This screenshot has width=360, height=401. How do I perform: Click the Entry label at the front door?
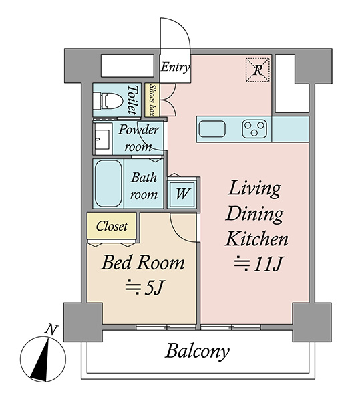click(x=175, y=67)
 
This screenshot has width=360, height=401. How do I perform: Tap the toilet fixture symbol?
click(x=108, y=101)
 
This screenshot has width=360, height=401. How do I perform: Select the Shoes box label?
click(x=152, y=100)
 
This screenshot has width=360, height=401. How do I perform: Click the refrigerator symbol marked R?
click(x=258, y=70)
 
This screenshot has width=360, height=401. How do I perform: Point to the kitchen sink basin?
click(x=212, y=129)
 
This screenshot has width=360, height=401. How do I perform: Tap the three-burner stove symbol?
click(x=254, y=129)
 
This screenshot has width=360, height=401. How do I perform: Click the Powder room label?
click(x=138, y=138)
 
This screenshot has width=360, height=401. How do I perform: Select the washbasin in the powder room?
click(x=102, y=139)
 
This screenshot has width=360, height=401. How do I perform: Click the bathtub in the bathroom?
click(x=108, y=183)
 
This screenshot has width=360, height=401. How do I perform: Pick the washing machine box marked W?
click(x=182, y=194)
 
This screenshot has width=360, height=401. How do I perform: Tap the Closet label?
click(x=112, y=227)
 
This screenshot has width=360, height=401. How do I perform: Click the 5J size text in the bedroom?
click(x=144, y=288)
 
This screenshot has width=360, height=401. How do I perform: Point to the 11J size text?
click(x=258, y=264)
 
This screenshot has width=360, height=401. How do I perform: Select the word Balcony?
click(x=197, y=352)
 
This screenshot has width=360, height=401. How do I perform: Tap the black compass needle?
click(x=41, y=360)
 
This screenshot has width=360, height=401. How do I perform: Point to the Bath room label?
click(x=144, y=186)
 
